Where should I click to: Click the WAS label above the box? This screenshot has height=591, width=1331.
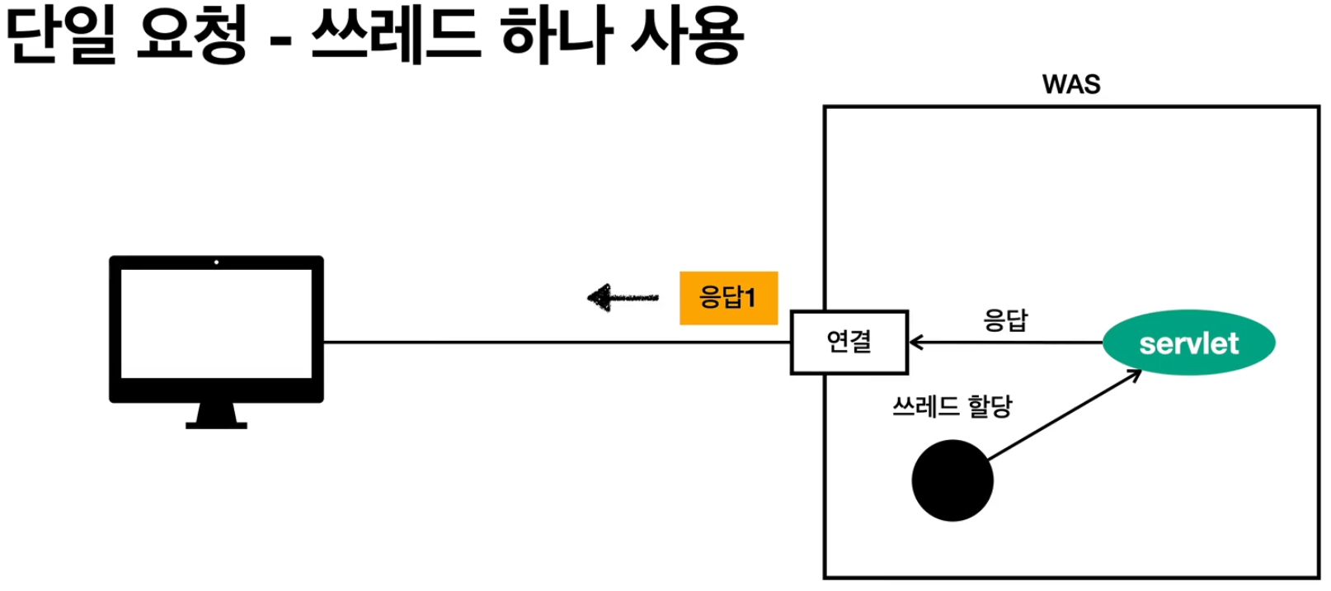(x=1070, y=84)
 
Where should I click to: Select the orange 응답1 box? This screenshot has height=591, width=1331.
(x=728, y=297)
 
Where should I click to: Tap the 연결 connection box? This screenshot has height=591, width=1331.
(x=849, y=342)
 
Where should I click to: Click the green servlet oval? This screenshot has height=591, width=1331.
(x=1188, y=343)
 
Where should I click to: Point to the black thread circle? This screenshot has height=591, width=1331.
(x=952, y=480)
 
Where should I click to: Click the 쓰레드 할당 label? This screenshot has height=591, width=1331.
(x=952, y=406)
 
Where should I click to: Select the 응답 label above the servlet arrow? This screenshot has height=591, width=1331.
(x=1005, y=319)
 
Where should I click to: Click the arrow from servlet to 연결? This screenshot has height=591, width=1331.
(x=1006, y=342)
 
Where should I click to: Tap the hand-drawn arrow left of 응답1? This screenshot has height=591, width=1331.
(x=622, y=297)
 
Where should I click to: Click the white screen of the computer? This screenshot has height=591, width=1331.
(x=216, y=324)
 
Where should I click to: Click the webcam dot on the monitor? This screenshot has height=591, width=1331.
(x=216, y=262)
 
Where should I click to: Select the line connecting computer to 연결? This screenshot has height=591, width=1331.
(x=557, y=342)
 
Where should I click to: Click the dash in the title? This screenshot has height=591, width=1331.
(x=281, y=41)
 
